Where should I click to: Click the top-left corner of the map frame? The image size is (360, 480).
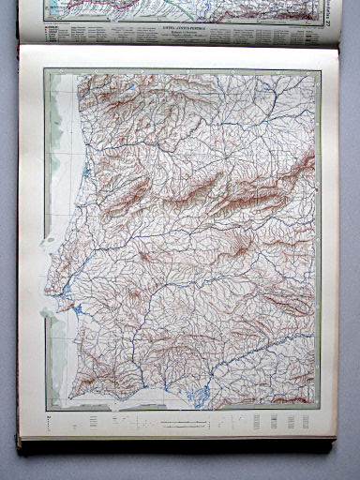coord(44,70)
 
